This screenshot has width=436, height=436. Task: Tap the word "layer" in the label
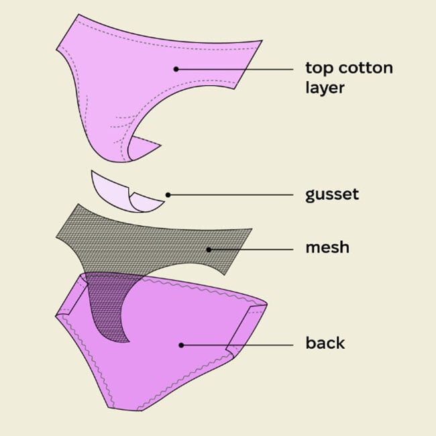click(325, 88)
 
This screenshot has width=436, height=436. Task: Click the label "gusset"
click(332, 195)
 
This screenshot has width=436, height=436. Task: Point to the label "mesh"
click(327, 248)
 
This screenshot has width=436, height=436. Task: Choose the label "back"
click(325, 343)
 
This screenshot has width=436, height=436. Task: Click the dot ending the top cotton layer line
click(176, 68)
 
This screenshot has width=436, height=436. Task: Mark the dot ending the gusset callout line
click(168, 195)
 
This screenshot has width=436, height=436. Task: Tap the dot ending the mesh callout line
click(209, 250)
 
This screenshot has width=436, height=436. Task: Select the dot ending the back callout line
click(180, 345)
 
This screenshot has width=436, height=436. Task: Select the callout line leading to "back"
click(238, 345)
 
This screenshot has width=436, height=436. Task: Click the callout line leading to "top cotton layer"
click(235, 68)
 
